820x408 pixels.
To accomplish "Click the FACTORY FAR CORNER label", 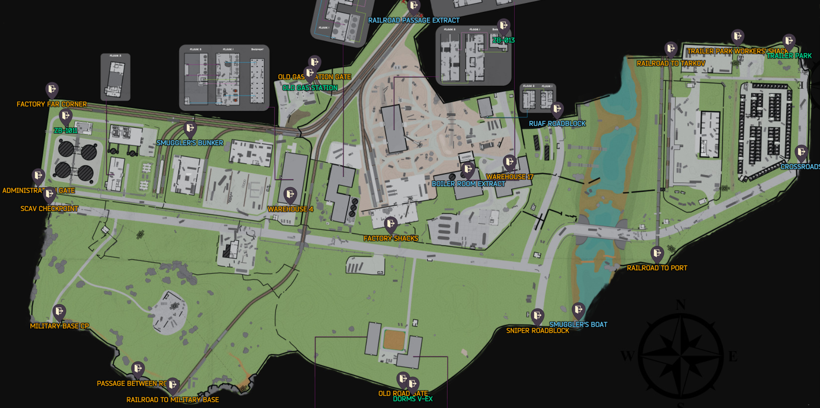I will [51, 104].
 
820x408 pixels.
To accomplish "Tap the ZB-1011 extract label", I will [65, 131].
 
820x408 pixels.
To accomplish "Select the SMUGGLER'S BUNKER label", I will [189, 143].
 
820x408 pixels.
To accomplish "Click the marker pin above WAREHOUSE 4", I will [290, 195].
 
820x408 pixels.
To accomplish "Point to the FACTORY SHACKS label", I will [391, 238].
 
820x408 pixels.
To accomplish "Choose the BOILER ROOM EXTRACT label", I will [468, 184].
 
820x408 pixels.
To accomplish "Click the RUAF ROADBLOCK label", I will [557, 124].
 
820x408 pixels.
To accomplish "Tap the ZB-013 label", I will [503, 40].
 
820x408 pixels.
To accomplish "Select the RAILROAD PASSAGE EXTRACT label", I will [414, 21].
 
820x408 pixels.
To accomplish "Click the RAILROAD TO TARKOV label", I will [671, 64].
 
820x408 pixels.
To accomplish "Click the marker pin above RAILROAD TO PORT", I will [657, 254].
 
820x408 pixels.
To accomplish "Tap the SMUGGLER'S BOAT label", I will [578, 325].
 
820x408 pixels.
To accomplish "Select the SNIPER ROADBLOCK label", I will [538, 331].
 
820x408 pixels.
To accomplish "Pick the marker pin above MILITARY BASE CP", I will [59, 312].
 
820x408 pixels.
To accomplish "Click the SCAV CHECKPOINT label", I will [49, 209].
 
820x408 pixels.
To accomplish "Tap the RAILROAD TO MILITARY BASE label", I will [172, 400].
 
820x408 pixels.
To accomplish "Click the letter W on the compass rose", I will [627, 356].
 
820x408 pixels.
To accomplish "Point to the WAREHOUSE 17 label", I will [509, 177].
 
